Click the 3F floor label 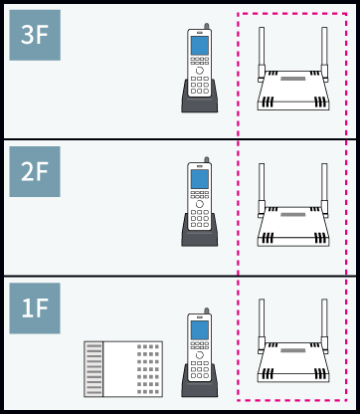35,35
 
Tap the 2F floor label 35,171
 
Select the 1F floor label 35,309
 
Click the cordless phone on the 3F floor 200,68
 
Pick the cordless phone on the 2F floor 200,202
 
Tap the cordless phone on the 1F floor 200,352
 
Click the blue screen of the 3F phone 200,46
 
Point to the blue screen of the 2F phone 200,179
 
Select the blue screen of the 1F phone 200,330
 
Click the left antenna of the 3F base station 262,54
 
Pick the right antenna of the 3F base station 324,54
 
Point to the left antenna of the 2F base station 262,190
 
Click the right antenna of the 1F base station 324,326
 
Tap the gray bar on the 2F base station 293,215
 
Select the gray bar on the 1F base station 293,350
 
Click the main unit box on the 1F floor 123,369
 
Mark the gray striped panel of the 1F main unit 93,369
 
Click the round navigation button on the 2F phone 200,204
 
